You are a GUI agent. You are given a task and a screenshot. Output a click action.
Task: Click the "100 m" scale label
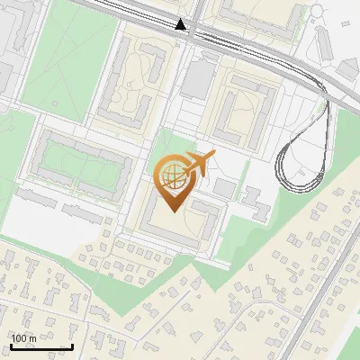(x=23, y=338)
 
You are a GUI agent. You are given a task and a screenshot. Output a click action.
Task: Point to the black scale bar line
(x=40, y=346)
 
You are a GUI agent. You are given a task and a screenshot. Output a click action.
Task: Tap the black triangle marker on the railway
(x=181, y=24)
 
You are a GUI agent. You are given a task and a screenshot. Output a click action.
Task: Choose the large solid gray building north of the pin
(x=195, y=78)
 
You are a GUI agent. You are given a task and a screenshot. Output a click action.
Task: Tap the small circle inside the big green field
(x=55, y=103)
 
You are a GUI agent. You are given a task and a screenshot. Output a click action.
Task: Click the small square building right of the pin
(x=224, y=188)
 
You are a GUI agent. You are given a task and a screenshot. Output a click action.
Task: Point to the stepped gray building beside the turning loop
(x=256, y=203)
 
